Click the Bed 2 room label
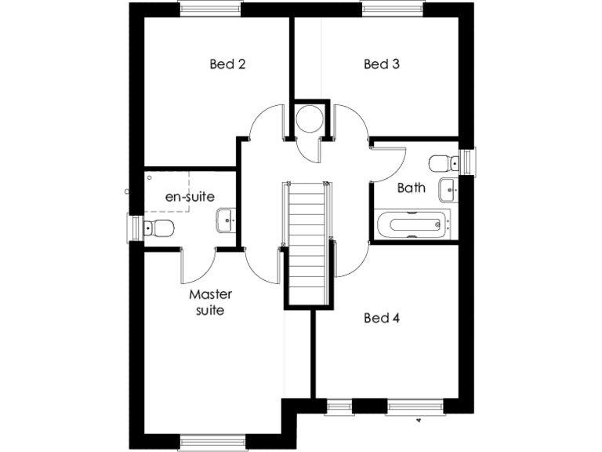(x=227, y=64)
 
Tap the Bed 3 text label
(x=382, y=64)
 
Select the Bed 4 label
(x=382, y=318)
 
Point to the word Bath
(x=412, y=188)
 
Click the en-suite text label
(x=190, y=197)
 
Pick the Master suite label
(x=210, y=302)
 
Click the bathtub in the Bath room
(x=412, y=224)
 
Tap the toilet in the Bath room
(x=444, y=162)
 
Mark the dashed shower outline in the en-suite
(x=168, y=189)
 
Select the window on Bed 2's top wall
(x=210, y=9)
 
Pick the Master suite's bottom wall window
(x=209, y=443)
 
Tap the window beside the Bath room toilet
(x=468, y=162)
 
